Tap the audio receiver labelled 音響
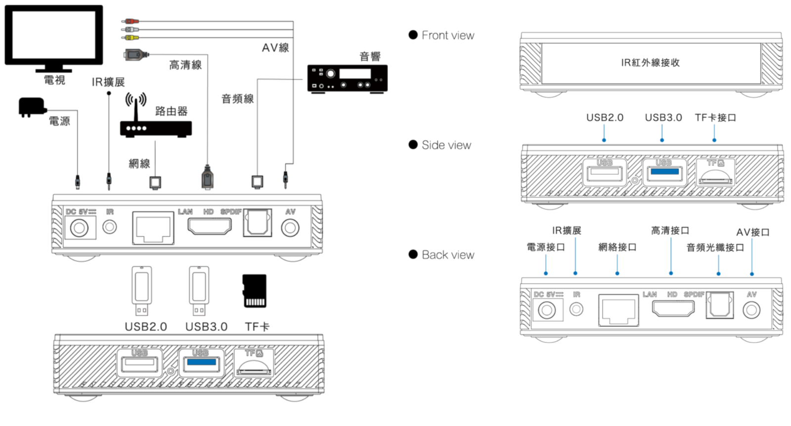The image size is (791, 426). click(347, 78)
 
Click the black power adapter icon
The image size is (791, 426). click(31, 107)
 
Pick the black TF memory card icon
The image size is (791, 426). click(255, 291)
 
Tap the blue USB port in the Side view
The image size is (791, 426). click(664, 172)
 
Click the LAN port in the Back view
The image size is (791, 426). click(618, 310)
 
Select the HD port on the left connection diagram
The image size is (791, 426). click(209, 226)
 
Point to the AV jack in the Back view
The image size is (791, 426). click(751, 310)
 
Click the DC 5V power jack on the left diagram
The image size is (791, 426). click(79, 228)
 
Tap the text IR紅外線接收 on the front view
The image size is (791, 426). click(650, 63)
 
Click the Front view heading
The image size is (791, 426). click(447, 35)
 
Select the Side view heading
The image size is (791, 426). click(446, 145)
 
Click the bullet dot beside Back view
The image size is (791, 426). click(413, 255)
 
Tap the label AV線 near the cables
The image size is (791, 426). click(275, 48)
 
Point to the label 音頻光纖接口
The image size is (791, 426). click(715, 248)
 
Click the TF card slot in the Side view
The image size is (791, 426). click(715, 176)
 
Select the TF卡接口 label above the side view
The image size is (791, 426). click(715, 118)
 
